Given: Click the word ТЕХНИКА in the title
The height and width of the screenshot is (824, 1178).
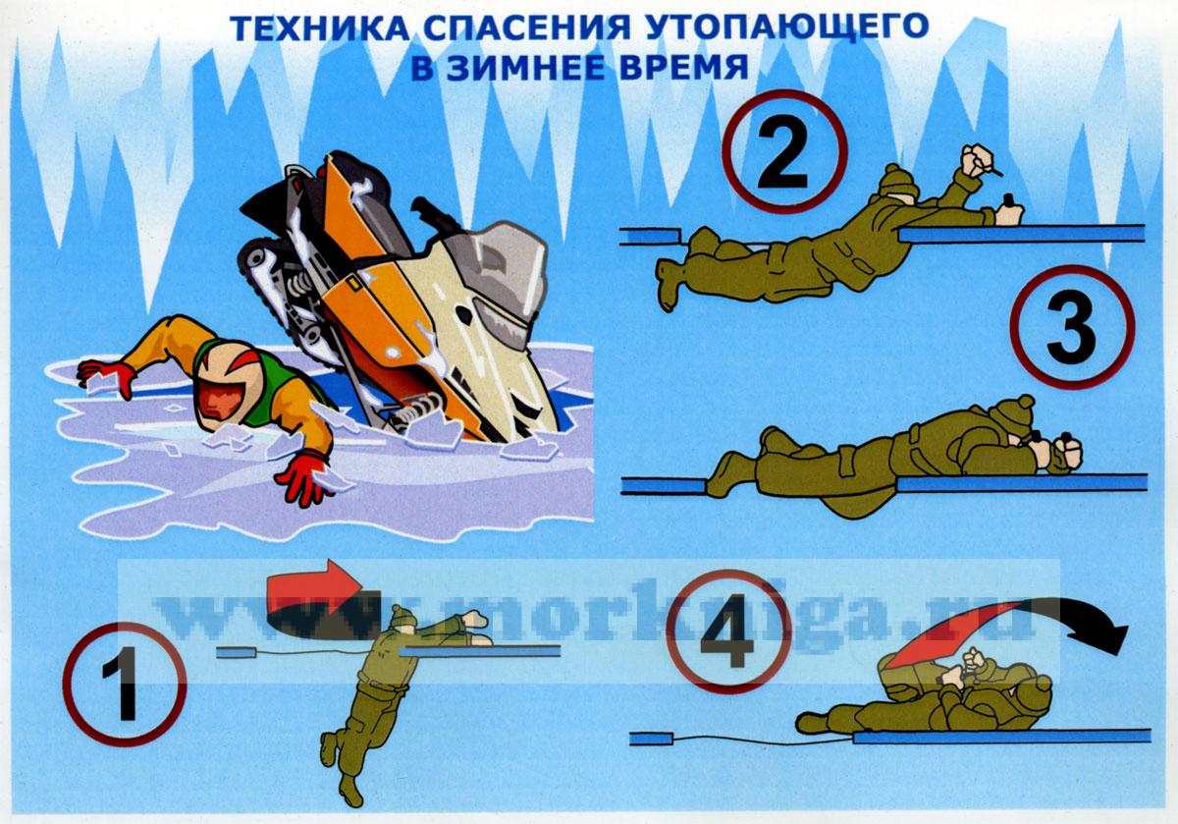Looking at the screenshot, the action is (319, 27).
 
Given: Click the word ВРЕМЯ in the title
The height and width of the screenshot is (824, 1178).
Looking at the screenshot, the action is (683, 68).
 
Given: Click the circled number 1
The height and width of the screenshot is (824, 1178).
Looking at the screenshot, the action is (125, 684).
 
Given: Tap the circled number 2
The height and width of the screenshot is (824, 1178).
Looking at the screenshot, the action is (784, 151).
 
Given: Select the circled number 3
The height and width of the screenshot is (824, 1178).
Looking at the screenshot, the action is (1072, 327).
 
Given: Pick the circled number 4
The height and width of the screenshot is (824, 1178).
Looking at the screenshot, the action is (728, 632).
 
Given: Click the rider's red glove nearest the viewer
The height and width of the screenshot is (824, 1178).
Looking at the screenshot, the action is (303, 478).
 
